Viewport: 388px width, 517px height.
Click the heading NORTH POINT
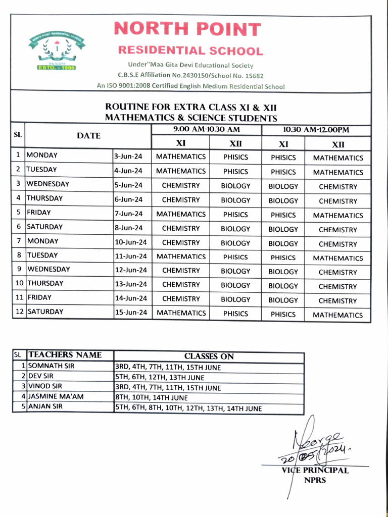pos(187,29)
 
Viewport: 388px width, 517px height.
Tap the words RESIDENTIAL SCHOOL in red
pos(190,51)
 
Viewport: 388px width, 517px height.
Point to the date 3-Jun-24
pos(128,157)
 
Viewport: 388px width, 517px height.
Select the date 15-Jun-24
pos(131,313)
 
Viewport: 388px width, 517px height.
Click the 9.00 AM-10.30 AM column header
pos(206,130)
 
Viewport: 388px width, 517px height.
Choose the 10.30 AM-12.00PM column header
pos(316,130)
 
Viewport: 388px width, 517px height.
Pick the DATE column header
pos(88,136)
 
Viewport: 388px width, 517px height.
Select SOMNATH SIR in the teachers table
pos(51,366)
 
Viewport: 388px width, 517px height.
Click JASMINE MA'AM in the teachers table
pos(56,397)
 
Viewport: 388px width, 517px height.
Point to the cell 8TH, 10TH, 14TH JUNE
pos(152,398)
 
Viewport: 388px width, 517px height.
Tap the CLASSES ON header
pos(209,356)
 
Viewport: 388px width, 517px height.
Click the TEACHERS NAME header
pos(65,355)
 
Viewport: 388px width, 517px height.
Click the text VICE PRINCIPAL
pos(315,470)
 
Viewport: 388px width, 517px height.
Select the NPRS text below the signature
pos(315,480)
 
